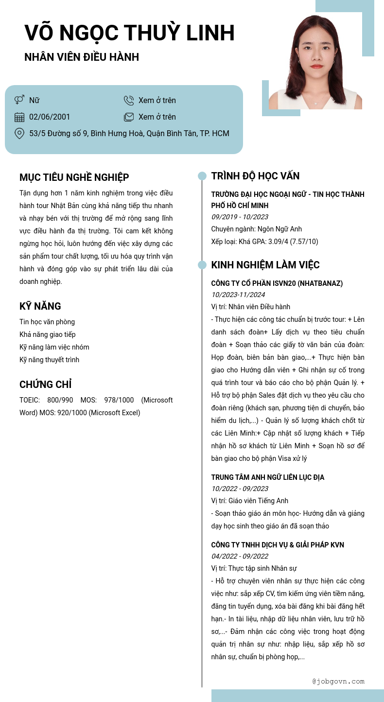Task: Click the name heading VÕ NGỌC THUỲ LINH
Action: tap(129, 33)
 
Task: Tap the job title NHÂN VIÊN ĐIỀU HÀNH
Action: tap(82, 57)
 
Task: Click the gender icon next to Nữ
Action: tap(19, 100)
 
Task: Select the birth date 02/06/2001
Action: tap(50, 117)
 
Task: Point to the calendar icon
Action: tap(19, 117)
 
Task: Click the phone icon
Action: tap(129, 100)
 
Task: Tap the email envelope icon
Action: tap(129, 117)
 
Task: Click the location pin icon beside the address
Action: tap(19, 133)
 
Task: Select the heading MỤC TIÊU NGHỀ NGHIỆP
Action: tap(74, 177)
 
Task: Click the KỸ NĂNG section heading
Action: tap(40, 306)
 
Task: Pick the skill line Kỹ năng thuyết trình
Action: tap(49, 360)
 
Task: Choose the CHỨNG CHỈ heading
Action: tap(46, 385)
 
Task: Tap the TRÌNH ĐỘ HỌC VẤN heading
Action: tap(255, 176)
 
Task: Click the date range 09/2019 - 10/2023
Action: tap(240, 217)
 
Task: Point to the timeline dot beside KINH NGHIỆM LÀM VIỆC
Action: tap(202, 265)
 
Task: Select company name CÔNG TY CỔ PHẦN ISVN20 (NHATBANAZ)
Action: tap(277, 283)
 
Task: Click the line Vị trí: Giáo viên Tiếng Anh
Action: tap(250, 501)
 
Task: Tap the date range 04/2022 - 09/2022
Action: tap(240, 556)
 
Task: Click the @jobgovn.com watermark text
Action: tap(338, 682)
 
